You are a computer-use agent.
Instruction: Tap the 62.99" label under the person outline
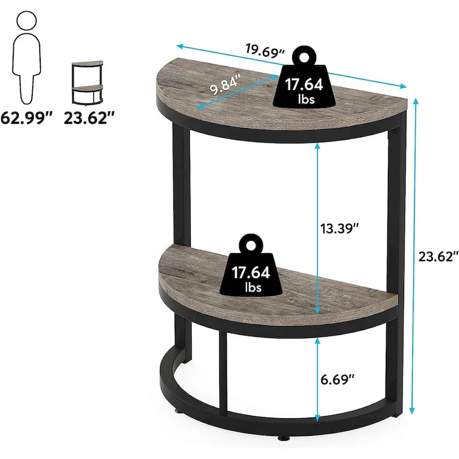point(27,119)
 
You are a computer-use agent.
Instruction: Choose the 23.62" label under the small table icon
point(90,119)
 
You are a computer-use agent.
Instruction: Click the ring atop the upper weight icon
point(302,56)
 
